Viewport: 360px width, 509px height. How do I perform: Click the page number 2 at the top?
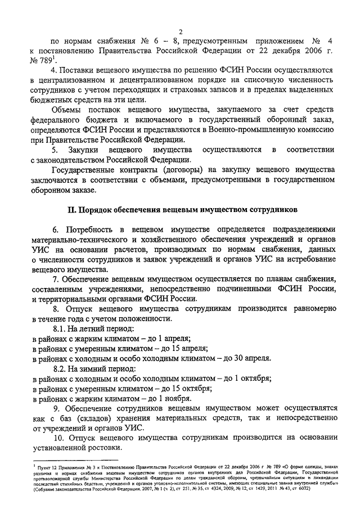click(x=180, y=31)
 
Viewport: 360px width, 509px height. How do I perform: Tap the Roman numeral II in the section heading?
click(x=71, y=210)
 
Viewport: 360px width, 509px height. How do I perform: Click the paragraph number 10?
click(x=58, y=438)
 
